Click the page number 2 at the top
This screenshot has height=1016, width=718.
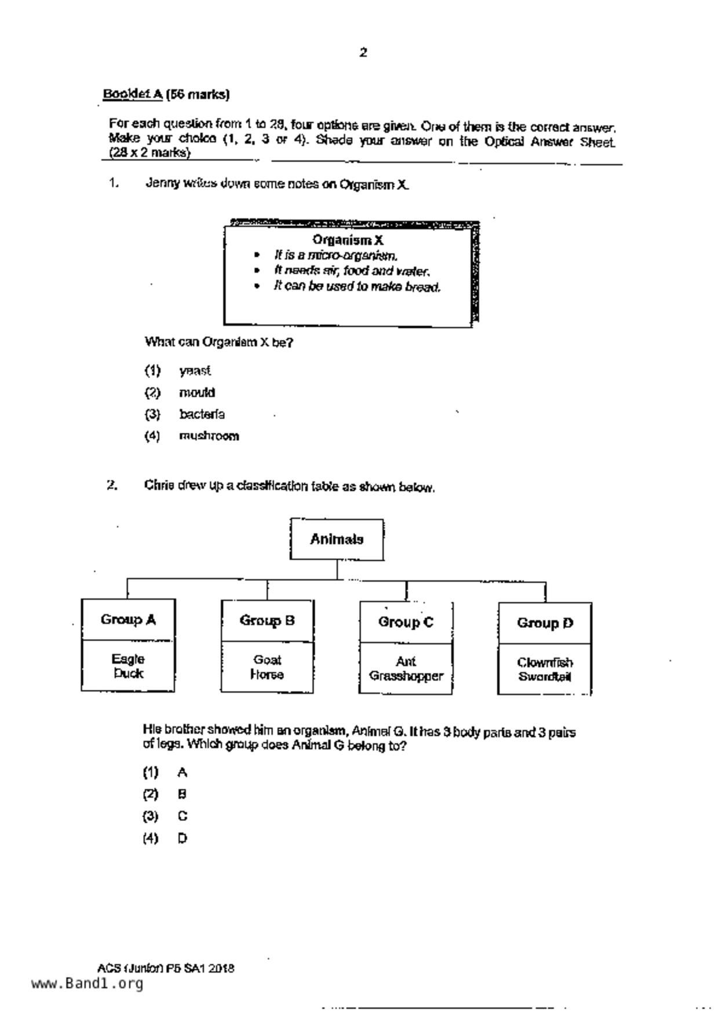(363, 53)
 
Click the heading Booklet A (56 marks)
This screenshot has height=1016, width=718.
(166, 94)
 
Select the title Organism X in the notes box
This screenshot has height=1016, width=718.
(348, 240)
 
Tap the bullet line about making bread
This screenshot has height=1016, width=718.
(357, 287)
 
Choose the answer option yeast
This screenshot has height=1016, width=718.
(195, 371)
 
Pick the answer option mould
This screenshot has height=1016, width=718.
(197, 393)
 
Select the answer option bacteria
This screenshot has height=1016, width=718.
(202, 414)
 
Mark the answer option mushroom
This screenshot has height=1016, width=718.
(209, 436)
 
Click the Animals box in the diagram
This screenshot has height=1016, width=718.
(337, 539)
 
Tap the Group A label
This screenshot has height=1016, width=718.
(128, 620)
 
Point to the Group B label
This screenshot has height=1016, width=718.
(267, 621)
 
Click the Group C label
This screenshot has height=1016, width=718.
(406, 622)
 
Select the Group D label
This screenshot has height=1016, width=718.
(545, 623)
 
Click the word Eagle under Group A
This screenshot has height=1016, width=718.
(128, 659)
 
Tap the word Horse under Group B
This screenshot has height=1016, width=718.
(267, 675)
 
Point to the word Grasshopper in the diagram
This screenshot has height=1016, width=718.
(406, 676)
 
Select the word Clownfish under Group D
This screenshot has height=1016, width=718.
(545, 662)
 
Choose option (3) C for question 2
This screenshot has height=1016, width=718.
(182, 816)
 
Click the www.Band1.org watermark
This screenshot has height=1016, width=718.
(87, 984)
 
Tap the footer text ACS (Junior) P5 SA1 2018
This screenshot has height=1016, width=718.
(166, 968)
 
